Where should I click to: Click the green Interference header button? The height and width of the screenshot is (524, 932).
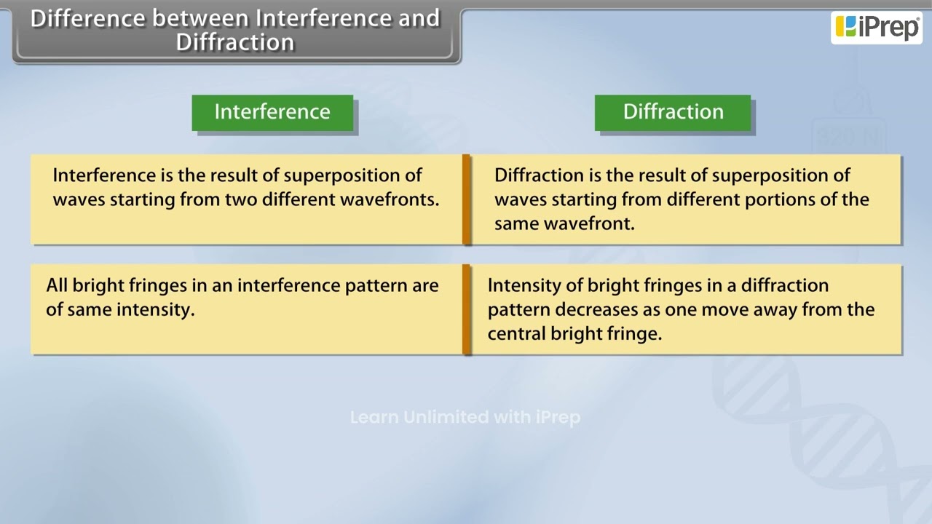point(272,112)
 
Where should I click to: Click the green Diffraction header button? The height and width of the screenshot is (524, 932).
point(673,112)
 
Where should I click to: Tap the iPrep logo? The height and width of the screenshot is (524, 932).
point(877,27)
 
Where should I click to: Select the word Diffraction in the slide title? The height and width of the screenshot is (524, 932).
point(235,42)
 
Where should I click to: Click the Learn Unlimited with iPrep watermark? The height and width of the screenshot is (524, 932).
point(465,417)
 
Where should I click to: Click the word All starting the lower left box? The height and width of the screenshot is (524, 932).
point(57,285)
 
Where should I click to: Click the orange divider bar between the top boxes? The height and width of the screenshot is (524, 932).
point(466,199)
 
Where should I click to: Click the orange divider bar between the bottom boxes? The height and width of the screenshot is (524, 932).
point(466,309)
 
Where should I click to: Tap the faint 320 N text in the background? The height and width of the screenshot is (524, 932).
point(847,137)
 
